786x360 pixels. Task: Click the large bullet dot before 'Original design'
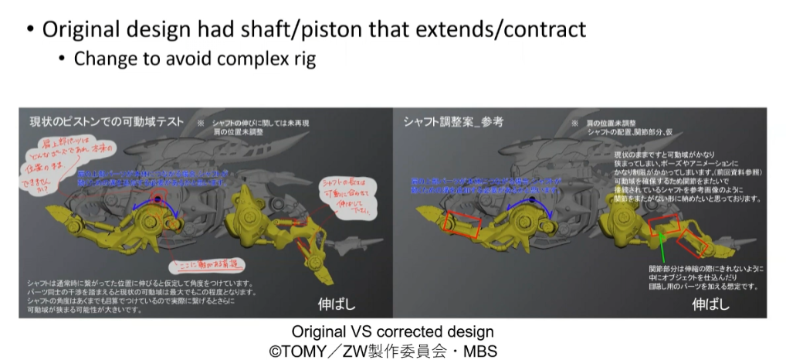pyautogui.click(x=29, y=32)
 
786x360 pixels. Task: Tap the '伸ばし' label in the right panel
pyautogui.click(x=710, y=302)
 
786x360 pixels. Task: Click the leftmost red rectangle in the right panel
pyautogui.click(x=462, y=223)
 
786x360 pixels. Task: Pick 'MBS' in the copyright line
pyautogui.click(x=480, y=350)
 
